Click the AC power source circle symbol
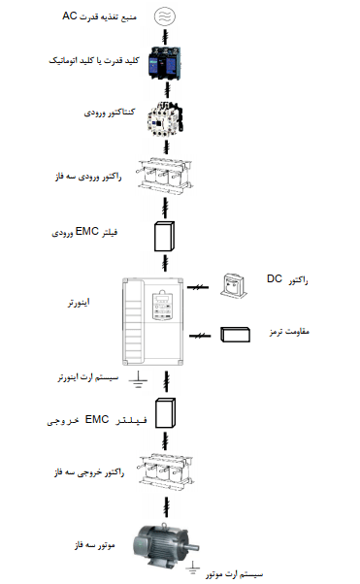165,16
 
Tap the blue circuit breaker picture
165,63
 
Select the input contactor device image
165,117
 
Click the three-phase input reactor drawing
165,176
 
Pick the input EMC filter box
164,237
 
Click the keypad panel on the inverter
162,306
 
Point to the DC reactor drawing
234,285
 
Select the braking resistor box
235,335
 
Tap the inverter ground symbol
138,379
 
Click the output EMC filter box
166,413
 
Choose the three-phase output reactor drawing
166,471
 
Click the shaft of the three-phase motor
193,547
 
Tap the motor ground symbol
193,568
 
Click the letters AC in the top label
69,16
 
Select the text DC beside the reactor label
275,278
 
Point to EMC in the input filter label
86,231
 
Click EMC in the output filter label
97,419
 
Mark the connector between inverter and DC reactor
198,287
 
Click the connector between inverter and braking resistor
200,336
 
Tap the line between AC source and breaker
166,36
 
